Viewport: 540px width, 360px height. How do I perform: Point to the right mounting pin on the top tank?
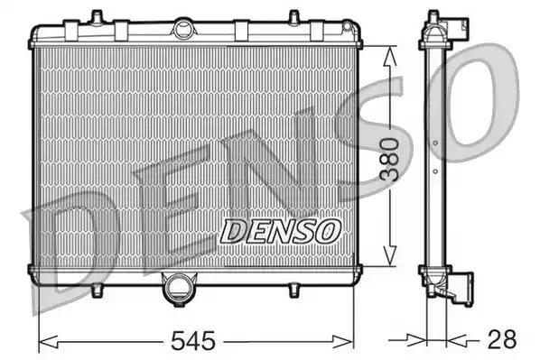(293, 16)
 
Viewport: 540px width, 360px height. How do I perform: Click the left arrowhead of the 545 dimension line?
(45, 341)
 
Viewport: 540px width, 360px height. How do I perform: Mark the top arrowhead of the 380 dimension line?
(388, 54)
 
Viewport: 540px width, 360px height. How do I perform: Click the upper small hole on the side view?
(434, 143)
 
